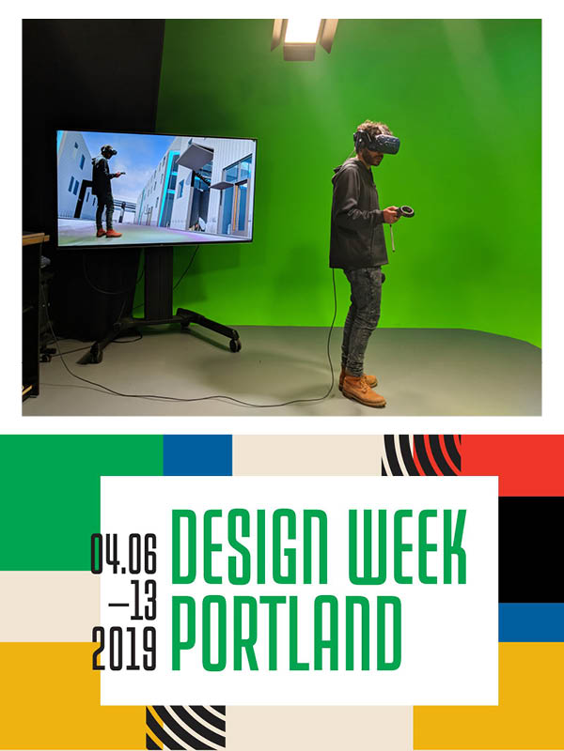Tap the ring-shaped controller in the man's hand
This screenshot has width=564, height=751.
(x=406, y=211)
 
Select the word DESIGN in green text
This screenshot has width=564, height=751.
(x=248, y=547)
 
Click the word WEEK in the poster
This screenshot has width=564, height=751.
(x=407, y=547)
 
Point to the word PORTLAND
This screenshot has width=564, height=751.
(x=287, y=633)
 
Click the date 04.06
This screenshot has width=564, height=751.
(x=124, y=553)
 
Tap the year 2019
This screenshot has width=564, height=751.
(x=124, y=649)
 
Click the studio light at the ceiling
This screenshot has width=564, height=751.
(x=304, y=39)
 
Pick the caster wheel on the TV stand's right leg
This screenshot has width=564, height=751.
(x=234, y=345)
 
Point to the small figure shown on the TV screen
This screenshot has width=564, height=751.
(x=106, y=191)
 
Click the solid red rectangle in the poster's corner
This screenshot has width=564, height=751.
(x=512, y=465)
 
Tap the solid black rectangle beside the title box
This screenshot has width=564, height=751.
(x=531, y=549)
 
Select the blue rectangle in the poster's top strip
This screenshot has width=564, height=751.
(x=197, y=455)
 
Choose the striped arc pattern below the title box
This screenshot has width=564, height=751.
(x=185, y=726)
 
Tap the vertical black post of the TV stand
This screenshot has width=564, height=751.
(x=157, y=284)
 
